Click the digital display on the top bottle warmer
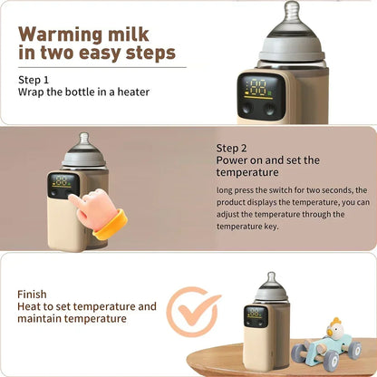click(257, 89)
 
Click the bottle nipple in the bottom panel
click(269, 280)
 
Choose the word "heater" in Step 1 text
click(132, 92)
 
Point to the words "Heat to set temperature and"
click(87, 306)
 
